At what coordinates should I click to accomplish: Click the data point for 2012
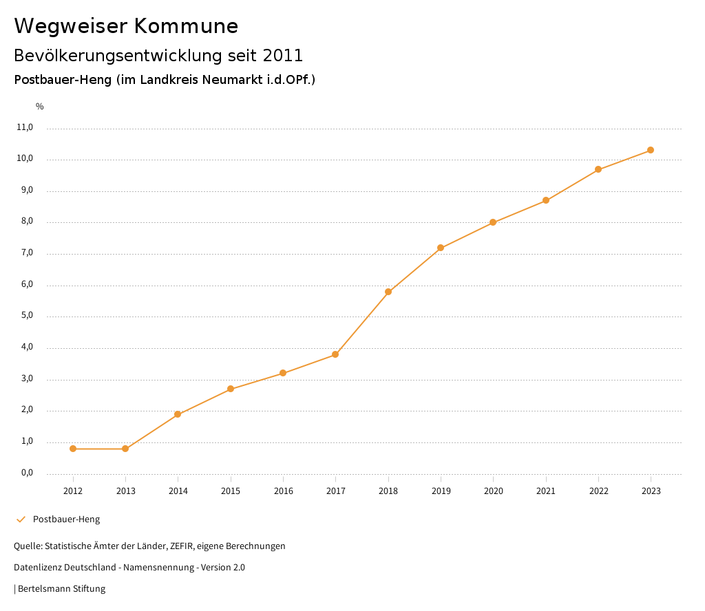pos(73,449)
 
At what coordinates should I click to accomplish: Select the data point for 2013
pos(125,449)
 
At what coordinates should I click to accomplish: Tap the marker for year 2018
pos(388,292)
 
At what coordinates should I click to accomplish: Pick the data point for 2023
pos(651,150)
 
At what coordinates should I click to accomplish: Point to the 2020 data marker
pos(493,222)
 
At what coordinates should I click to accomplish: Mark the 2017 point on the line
pos(335,354)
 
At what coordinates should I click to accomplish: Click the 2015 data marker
pos(231,389)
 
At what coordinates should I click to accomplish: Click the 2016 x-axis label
pos(283,491)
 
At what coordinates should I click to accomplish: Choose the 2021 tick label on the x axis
pos(546,491)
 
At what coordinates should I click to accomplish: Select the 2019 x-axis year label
pos(441,491)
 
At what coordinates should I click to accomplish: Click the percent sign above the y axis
pos(40,107)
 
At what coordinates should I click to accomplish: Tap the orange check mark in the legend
pos(21,519)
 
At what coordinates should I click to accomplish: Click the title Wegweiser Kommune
pos(126,26)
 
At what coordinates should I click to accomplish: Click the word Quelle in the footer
pos(27,546)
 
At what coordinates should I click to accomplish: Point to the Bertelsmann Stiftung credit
pos(61,589)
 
